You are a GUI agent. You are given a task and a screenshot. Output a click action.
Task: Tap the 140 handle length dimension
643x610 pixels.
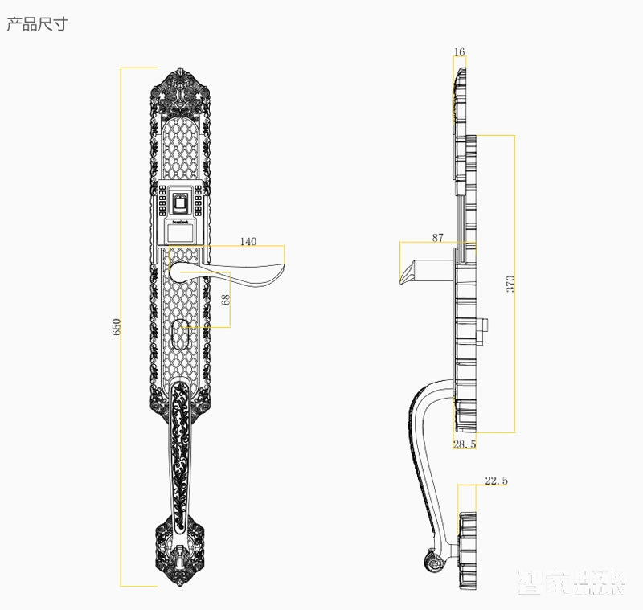pos(248,242)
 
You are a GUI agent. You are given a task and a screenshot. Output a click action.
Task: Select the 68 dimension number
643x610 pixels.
pos(226,299)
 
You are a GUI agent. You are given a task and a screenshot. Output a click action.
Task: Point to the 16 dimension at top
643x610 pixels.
pos(459,53)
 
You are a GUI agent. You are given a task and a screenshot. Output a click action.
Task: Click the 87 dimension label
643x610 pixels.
pos(437,237)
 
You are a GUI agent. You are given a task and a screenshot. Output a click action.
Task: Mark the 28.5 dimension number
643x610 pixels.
pos(465,444)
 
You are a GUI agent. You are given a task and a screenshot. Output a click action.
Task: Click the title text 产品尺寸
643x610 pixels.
pos(37,24)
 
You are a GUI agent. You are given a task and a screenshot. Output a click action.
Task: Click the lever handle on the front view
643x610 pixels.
pos(241,273)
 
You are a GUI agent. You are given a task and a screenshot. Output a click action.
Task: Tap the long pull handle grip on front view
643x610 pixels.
pos(182,450)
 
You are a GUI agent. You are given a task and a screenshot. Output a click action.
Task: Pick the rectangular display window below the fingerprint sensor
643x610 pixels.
pos(182,231)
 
